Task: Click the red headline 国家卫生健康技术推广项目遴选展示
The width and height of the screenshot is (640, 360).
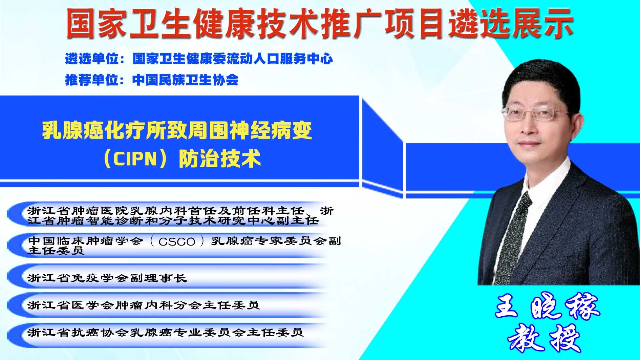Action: pos(320,23)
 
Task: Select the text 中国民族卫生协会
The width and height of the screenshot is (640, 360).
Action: pos(186,80)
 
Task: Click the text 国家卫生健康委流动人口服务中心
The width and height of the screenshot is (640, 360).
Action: pos(233,59)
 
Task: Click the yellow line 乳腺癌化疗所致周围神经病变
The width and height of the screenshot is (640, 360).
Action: pos(177,130)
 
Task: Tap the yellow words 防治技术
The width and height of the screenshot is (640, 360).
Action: pos(220,159)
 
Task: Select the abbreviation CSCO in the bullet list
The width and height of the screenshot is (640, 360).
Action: pos(177,241)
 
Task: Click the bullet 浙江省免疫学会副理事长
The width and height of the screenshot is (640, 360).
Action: pos(107,278)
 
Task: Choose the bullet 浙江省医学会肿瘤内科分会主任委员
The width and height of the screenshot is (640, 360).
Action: pos(144,305)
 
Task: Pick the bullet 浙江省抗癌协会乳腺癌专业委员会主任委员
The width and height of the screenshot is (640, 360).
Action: pos(165,332)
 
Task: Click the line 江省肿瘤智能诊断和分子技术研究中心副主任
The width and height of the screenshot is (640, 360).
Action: pos(173,221)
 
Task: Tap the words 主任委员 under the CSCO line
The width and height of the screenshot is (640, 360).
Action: pos(56,251)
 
